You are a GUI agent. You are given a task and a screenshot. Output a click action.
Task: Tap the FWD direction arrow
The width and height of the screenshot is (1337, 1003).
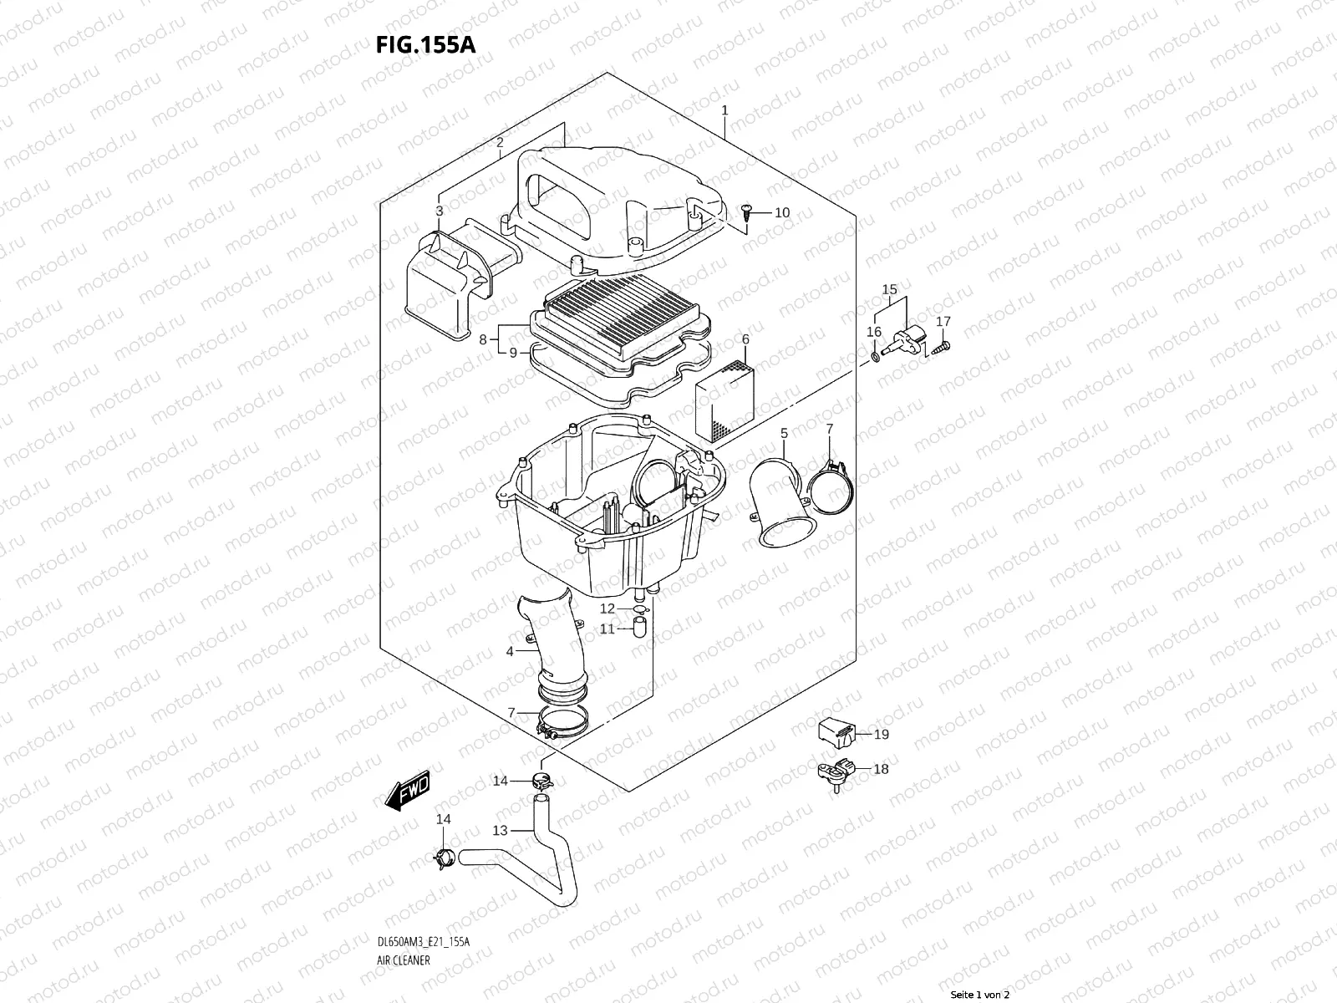tap(407, 789)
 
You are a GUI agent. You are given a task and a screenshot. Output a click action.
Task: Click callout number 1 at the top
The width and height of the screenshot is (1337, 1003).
tap(724, 110)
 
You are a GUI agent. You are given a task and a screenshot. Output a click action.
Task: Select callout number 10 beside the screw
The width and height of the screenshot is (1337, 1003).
tap(781, 213)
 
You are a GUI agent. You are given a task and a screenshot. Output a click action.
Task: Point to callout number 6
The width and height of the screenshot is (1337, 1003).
tap(745, 339)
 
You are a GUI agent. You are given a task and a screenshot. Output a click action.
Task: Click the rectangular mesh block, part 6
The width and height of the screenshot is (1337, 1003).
tap(724, 401)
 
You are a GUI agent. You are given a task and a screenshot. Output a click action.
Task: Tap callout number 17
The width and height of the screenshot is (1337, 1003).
tap(943, 321)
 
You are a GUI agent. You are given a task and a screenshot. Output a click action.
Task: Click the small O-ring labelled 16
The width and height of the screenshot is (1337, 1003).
tap(874, 356)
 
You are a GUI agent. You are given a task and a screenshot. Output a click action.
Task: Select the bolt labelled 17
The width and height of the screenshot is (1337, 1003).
tap(941, 344)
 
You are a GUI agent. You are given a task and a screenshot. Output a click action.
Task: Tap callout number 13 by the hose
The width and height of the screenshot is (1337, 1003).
tap(500, 830)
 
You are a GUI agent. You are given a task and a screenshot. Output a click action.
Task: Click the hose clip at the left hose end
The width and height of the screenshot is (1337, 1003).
tap(444, 857)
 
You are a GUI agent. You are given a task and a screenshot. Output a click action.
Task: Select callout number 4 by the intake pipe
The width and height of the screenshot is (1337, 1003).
tap(510, 651)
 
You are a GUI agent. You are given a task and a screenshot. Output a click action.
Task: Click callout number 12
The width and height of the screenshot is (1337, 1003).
tap(607, 608)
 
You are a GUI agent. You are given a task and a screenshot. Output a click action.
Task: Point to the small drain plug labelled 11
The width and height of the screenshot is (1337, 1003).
tap(641, 628)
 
